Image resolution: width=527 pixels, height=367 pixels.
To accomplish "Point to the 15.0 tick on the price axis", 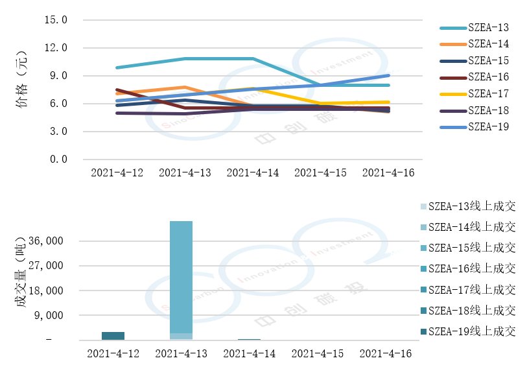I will [56, 20].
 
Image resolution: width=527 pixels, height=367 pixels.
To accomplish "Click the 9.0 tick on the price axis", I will [58, 76].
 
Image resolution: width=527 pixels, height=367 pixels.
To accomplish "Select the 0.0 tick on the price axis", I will [58, 160].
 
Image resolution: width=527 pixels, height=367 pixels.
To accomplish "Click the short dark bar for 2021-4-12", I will [113, 336].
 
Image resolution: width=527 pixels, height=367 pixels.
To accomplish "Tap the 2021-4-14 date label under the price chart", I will [252, 173].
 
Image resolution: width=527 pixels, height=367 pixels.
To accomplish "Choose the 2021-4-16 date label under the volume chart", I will [385, 353].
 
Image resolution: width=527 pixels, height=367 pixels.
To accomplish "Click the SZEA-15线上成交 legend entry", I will [472, 248].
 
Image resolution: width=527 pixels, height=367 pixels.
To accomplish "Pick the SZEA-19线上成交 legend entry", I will [472, 331].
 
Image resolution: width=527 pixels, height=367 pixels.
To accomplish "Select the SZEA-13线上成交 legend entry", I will [472, 207].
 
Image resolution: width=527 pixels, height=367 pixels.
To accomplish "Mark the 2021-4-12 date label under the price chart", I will [116, 173].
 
